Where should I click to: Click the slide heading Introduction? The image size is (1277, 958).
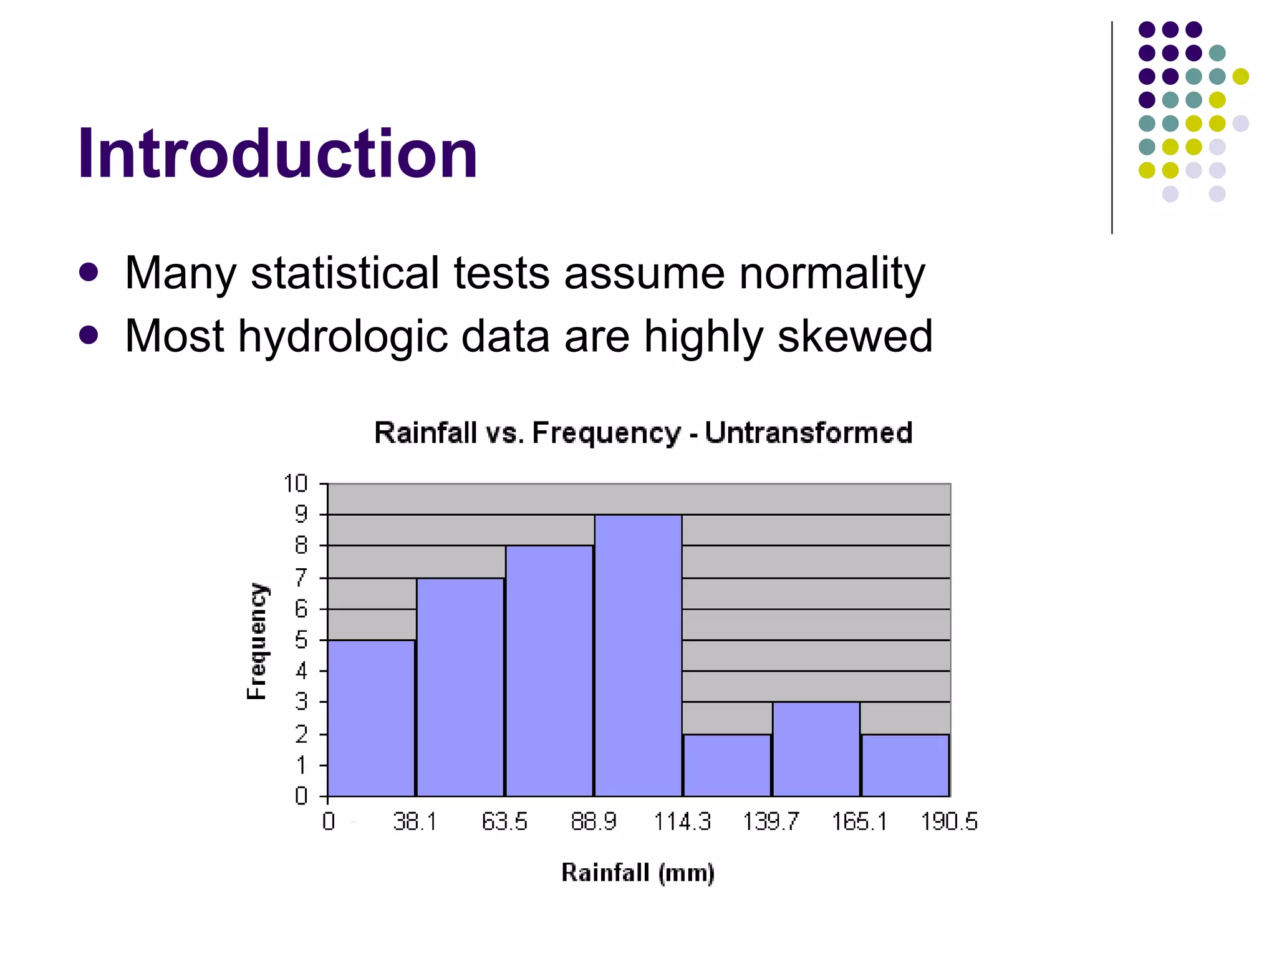coord(277,154)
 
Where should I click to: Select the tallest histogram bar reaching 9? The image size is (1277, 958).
coord(638,655)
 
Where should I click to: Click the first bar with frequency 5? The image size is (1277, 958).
coord(371,717)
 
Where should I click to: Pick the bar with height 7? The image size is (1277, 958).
coord(460,686)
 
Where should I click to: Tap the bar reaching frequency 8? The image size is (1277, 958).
coord(549,670)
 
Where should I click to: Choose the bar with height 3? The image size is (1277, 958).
coord(816,748)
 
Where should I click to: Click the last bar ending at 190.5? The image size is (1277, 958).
coord(905,765)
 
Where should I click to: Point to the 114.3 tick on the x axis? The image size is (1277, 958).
coord(682,822)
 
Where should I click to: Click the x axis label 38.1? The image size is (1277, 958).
coord(415,822)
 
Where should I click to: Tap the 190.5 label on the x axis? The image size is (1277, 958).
coord(949,822)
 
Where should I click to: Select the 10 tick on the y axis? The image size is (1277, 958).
coord(296,483)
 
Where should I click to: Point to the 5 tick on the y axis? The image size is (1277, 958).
coord(301,640)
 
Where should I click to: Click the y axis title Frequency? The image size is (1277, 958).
coord(257,641)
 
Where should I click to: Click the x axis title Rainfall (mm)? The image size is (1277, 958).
coord(638,873)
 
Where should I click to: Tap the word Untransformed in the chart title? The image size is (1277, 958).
coord(809,433)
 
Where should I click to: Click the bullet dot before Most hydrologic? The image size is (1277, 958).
coord(89,336)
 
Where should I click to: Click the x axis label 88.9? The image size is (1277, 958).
coord(593,822)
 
